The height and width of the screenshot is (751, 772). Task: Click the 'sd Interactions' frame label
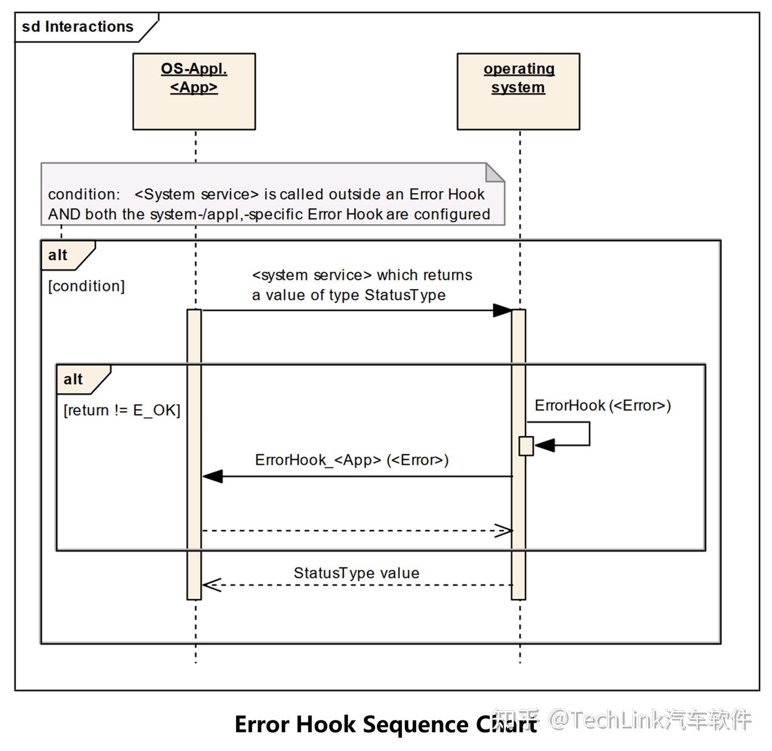coord(78,27)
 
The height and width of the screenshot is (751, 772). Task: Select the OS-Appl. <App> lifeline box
coord(194,91)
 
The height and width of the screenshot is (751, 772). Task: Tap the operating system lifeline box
coord(518,91)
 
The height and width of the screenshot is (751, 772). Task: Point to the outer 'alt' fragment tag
coord(59,255)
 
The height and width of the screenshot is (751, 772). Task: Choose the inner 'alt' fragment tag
coord(74,380)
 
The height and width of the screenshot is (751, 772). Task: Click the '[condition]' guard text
coord(86,286)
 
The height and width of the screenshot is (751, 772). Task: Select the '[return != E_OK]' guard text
coord(122,411)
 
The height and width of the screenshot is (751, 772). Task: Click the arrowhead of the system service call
coord(503,310)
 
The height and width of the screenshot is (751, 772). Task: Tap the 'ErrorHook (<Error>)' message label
coord(603,406)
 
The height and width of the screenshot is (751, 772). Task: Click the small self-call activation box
coord(526,446)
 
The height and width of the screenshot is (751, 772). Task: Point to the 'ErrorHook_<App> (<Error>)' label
coord(352,460)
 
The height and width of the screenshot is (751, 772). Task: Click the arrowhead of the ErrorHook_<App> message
coord(212,477)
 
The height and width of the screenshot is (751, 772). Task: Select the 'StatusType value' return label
coord(357,573)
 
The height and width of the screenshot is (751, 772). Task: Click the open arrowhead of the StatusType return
coord(211,585)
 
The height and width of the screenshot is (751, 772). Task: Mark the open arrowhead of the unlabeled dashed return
coord(504,531)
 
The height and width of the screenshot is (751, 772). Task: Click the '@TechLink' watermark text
coord(606,719)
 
